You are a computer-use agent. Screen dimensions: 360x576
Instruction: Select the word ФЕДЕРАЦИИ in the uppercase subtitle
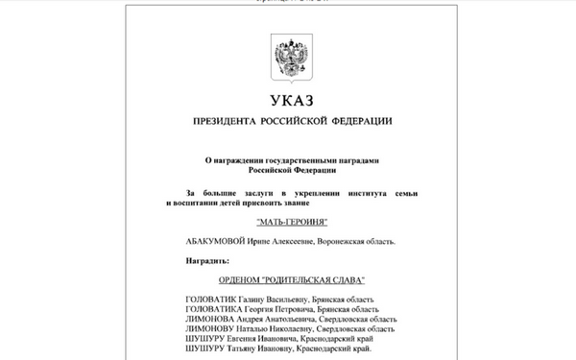pos(356,122)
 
